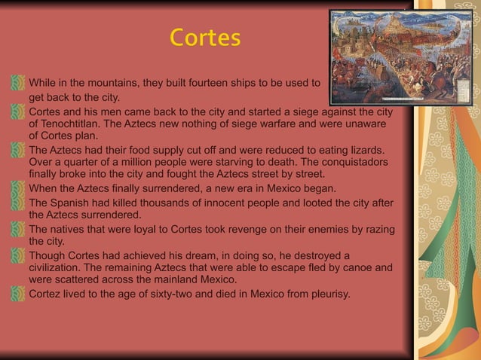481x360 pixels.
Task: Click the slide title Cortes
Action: pos(205,38)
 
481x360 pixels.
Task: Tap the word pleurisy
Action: pos(329,294)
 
